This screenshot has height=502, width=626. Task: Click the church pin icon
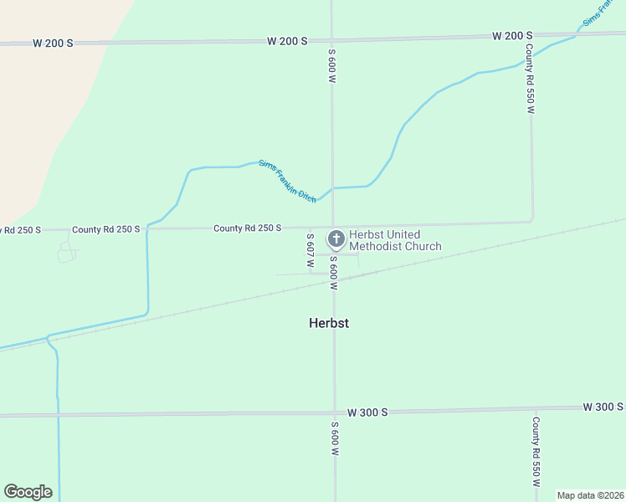[336, 240]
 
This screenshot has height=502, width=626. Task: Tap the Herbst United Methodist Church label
[396, 240]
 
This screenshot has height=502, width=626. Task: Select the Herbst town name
[327, 323]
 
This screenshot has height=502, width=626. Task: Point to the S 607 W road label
[310, 244]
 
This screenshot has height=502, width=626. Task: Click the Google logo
[28, 492]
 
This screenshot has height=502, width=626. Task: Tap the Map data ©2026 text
[589, 495]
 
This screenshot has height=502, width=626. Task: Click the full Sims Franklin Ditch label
[287, 180]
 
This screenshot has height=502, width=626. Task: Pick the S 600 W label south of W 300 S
[333, 438]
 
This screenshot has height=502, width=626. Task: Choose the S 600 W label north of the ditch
[332, 65]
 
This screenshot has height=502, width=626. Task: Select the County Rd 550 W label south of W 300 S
[535, 453]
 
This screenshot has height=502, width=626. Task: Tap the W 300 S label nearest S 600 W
[368, 412]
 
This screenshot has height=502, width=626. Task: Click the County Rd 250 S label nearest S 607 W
[247, 228]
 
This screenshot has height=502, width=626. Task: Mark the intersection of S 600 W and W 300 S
[334, 412]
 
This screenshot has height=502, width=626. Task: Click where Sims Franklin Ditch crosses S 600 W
[333, 188]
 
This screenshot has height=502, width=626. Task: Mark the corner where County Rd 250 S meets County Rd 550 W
[531, 222]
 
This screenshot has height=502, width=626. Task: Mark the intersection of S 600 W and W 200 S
[332, 39]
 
